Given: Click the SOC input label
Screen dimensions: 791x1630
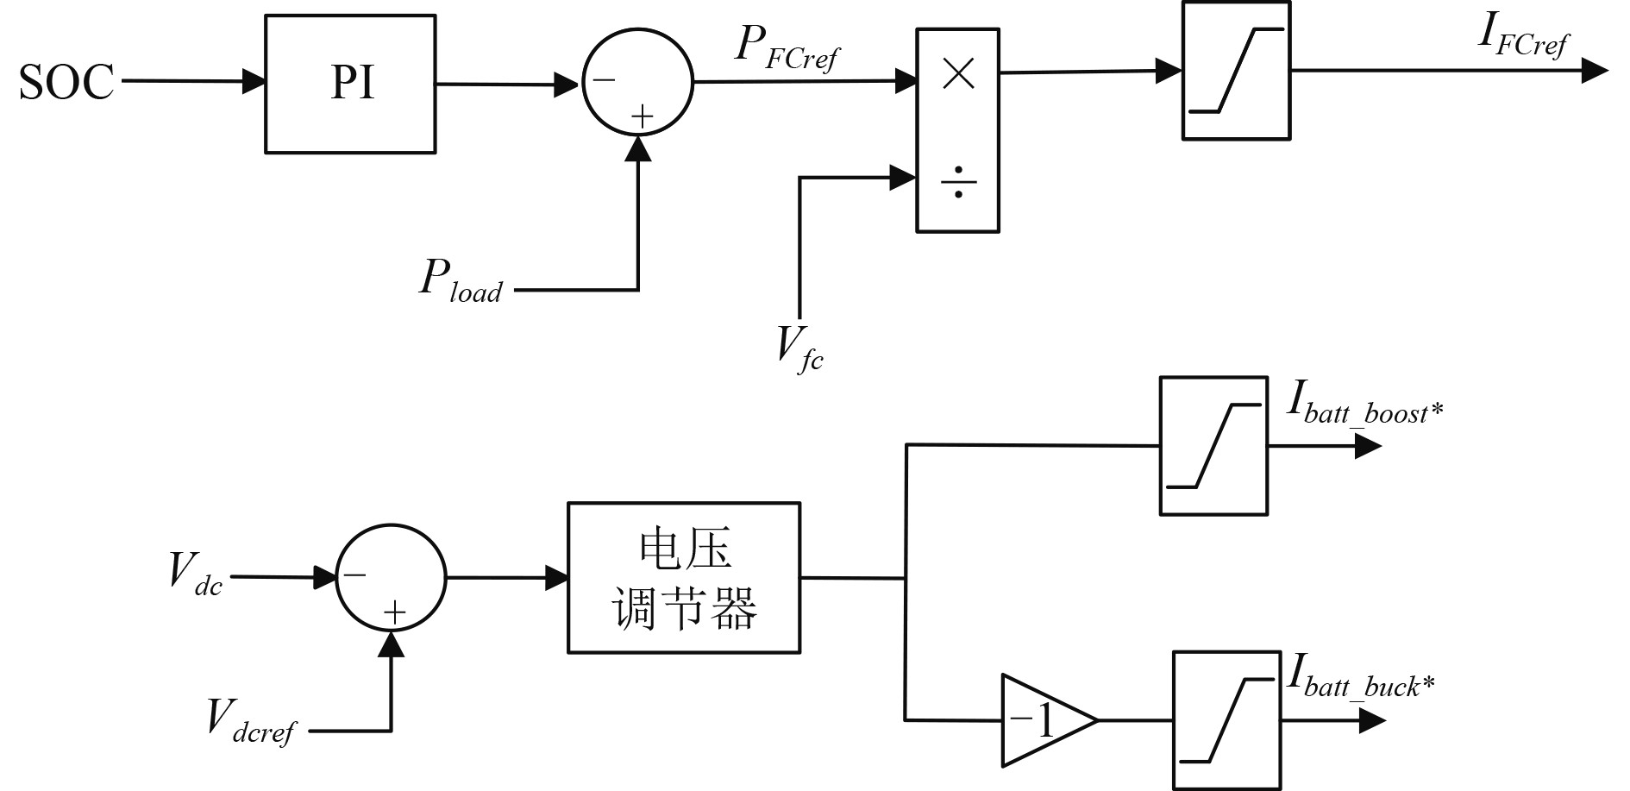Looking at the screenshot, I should pos(66,83).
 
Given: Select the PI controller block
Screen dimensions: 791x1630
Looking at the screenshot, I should pos(350,84).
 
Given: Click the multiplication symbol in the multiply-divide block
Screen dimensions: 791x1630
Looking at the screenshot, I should pos(958,75).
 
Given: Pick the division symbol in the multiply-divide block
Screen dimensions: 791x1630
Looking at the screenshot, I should pos(958,184).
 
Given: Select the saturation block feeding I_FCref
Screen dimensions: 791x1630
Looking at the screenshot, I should pos(1236,71).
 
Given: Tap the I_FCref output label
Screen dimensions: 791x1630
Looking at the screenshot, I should pos(1523,36).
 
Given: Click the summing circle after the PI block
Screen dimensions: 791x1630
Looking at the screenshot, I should pos(637,83).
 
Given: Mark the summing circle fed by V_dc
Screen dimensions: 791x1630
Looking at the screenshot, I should pos(391,577).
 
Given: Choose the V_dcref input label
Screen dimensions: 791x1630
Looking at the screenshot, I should pos(250,719).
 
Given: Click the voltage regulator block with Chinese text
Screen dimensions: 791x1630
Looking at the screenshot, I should pos(684,578).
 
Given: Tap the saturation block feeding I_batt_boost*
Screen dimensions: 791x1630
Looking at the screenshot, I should pos(1213,446).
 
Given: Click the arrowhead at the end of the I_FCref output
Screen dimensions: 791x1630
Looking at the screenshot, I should pos(1595,72).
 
